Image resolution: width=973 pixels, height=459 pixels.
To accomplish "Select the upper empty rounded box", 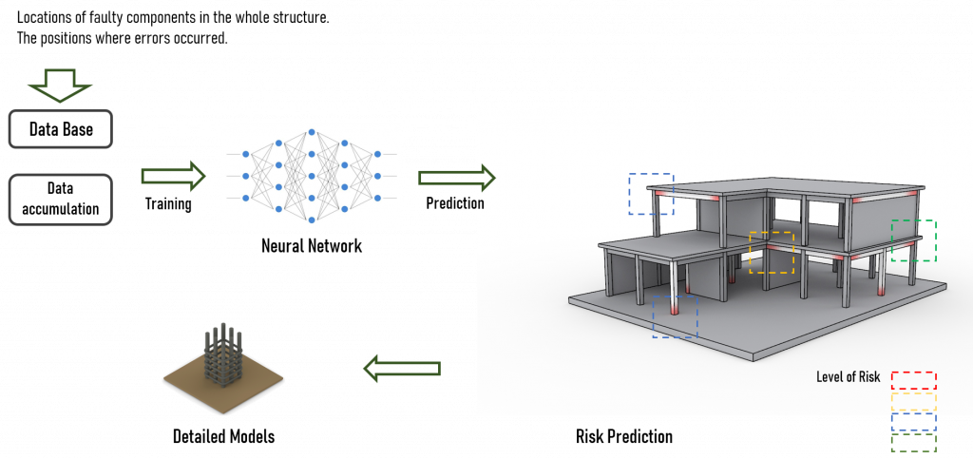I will pyautogui.click(x=61, y=129).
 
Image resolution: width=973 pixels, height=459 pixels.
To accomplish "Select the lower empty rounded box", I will pyautogui.click(x=61, y=200).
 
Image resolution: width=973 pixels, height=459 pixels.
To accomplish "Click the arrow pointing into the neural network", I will pyautogui.click(x=173, y=176).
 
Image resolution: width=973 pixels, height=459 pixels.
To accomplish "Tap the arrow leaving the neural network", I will pyautogui.click(x=456, y=177).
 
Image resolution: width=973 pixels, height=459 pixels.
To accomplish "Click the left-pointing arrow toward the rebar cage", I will pyautogui.click(x=402, y=368).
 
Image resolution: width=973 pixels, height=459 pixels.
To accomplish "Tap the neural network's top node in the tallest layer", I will pyautogui.click(x=312, y=133).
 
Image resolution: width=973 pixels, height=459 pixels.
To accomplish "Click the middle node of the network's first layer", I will pyautogui.click(x=245, y=176).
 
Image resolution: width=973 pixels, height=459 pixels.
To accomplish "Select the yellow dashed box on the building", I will pyautogui.click(x=771, y=253).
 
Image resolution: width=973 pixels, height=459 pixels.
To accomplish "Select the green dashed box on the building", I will pyautogui.click(x=913, y=240).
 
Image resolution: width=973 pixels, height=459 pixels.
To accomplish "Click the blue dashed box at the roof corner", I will pyautogui.click(x=651, y=194).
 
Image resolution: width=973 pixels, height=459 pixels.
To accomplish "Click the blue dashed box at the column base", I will pyautogui.click(x=675, y=316).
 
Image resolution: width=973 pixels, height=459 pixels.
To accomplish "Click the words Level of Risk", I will pyautogui.click(x=848, y=377).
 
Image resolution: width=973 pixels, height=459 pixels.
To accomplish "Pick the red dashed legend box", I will pyautogui.click(x=913, y=380).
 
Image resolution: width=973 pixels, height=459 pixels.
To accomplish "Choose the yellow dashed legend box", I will pyautogui.click(x=913, y=402).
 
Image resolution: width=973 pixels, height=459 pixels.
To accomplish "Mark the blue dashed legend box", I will pyautogui.click(x=913, y=422).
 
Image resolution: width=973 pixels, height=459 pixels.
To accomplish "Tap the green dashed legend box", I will pyautogui.click(x=913, y=443).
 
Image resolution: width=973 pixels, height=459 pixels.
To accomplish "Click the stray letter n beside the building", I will pyautogui.click(x=481, y=203).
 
